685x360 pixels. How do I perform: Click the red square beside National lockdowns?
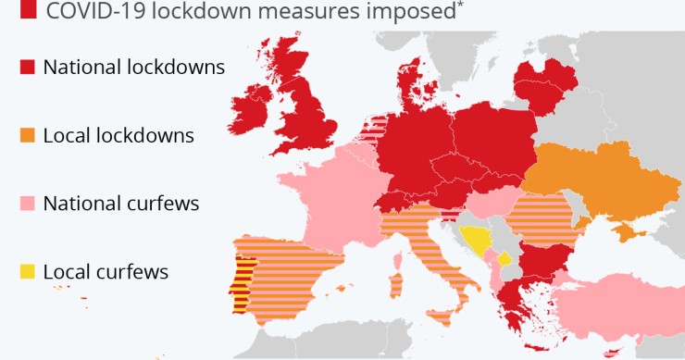click(27, 67)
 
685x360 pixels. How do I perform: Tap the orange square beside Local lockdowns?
click(27, 135)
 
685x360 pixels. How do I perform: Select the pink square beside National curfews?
click(27, 203)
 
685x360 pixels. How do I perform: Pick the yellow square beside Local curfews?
click(27, 271)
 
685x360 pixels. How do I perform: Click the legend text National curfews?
click(121, 203)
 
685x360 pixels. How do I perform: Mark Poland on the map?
click(495, 139)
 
